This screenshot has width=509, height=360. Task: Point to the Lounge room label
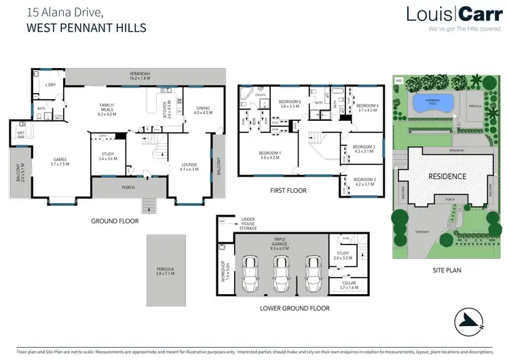[189, 166]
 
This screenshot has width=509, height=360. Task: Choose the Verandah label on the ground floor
[141, 75]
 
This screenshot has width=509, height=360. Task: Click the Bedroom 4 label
[366, 107]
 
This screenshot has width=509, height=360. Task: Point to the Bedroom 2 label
[364, 181]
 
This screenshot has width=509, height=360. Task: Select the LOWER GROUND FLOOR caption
[294, 308]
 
